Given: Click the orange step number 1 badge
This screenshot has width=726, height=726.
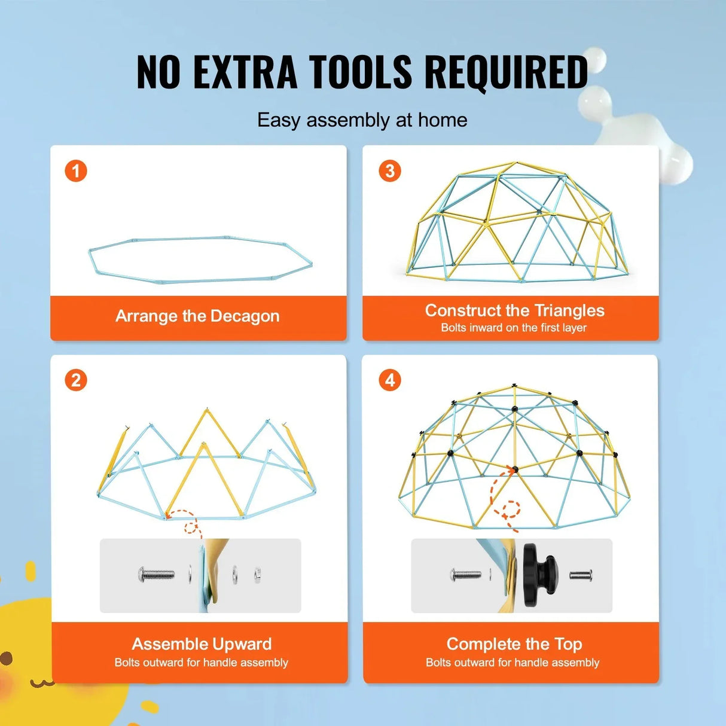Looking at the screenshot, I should tap(76, 171).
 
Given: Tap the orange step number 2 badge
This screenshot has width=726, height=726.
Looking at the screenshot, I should tap(76, 380).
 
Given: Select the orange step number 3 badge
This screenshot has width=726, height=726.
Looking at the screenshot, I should tap(390, 171).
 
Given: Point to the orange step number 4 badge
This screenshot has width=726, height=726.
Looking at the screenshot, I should tap(390, 380).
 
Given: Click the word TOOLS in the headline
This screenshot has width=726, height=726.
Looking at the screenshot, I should tap(360, 72).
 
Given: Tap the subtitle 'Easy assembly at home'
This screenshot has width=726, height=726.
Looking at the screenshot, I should tap(362, 120).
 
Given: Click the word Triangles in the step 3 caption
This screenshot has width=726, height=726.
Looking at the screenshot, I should tap(569, 310).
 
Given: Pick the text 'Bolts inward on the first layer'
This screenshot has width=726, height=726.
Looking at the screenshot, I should tap(514, 328).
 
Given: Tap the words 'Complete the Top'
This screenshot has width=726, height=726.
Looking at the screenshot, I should tap(514, 644).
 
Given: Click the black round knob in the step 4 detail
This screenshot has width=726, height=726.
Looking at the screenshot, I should tap(539, 574).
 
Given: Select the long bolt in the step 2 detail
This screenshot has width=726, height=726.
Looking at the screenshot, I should tap(157, 574).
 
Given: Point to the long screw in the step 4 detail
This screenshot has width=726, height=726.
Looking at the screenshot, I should tap(466, 575).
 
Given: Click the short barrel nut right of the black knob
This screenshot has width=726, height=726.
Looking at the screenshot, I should tap(580, 575).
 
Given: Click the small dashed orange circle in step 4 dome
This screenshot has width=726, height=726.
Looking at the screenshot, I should tap(511, 510).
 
